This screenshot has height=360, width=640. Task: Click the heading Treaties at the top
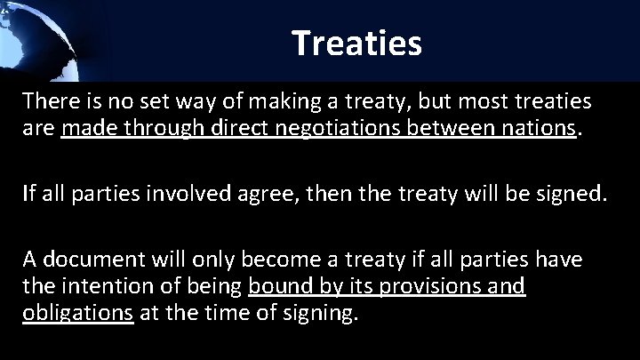(356, 42)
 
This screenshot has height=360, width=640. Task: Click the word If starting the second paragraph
(29, 191)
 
